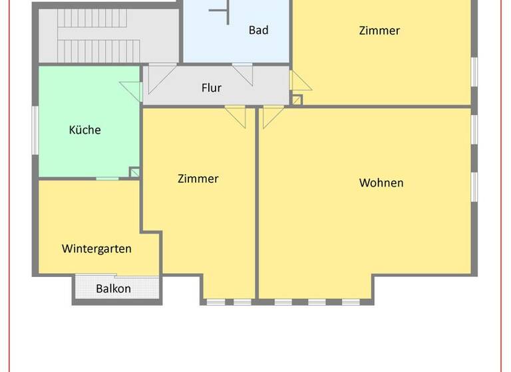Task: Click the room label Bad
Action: coord(258,30)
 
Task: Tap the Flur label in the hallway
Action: coord(211,88)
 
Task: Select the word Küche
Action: coord(85,130)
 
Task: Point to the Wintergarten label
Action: coord(96,249)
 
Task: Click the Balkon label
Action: coord(113,289)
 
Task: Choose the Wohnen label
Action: coord(381,183)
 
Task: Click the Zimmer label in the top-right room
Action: coord(379,31)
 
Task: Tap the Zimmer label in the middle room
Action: coord(198,179)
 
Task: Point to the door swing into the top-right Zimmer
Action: coord(299,81)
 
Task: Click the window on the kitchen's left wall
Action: coord(36,129)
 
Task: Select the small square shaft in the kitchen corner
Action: coord(134,173)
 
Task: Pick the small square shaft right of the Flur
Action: coord(297,100)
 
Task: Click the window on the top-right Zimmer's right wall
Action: coord(474,72)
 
